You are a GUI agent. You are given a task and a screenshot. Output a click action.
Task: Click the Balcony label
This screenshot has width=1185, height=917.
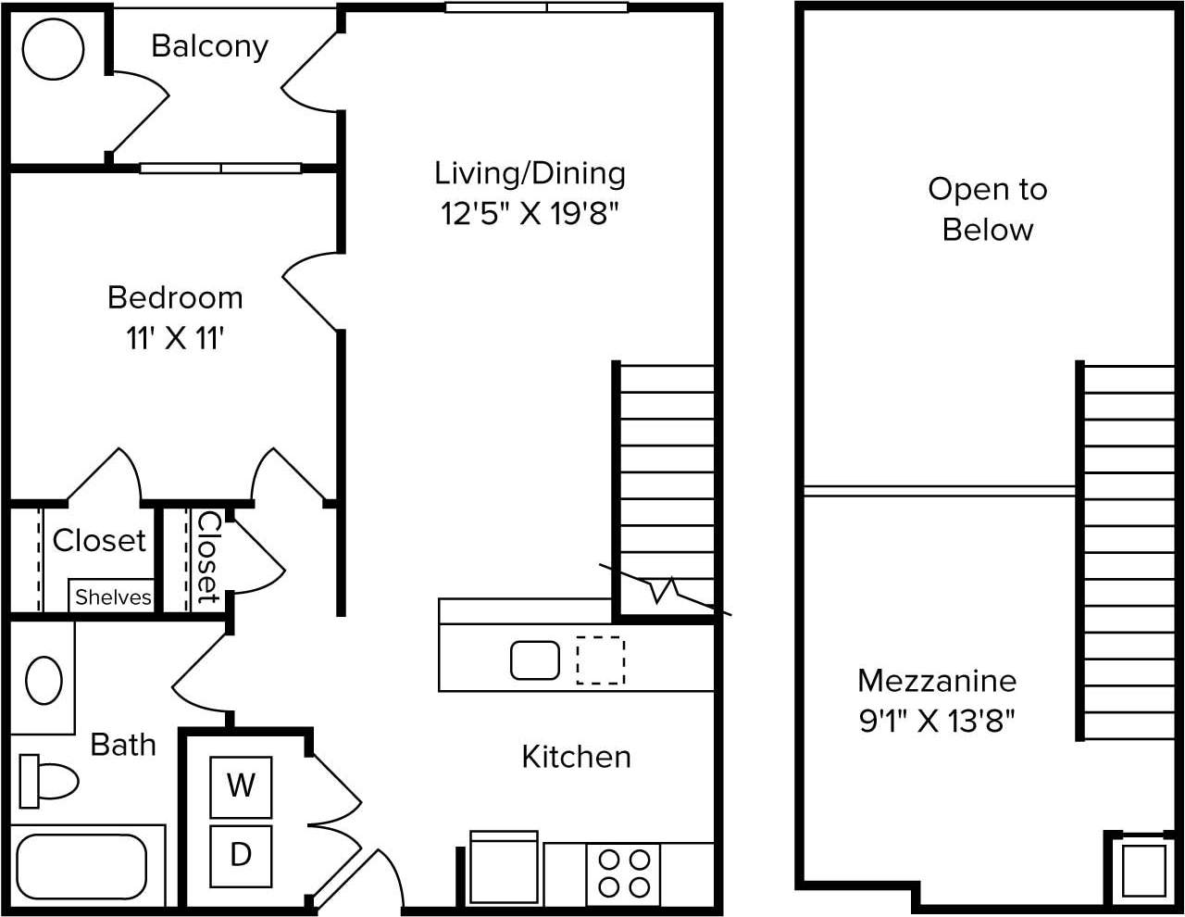point(209,45)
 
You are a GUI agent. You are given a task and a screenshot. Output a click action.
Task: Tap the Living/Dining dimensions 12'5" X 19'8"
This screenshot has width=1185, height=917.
point(530,214)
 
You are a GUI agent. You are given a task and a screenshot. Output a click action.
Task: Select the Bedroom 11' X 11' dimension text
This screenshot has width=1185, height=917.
point(176,338)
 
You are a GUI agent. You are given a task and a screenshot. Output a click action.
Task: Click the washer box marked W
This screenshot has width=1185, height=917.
point(241,786)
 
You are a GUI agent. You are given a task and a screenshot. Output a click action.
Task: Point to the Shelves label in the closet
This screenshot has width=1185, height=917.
point(113,597)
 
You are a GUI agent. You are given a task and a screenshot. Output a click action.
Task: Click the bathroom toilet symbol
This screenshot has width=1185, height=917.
point(48,781)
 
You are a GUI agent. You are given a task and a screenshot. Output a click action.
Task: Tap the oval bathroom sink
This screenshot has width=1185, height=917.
point(44,681)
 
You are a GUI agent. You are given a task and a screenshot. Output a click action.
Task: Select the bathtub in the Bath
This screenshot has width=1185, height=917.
point(81,866)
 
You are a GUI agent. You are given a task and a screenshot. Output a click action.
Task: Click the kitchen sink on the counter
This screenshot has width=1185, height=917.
point(535,660)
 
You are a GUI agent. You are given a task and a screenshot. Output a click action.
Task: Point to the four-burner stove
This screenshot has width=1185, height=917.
point(623,873)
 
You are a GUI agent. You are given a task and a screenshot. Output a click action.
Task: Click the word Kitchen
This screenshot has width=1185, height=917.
point(576,757)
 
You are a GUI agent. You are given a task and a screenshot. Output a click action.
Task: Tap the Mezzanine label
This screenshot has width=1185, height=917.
point(937,681)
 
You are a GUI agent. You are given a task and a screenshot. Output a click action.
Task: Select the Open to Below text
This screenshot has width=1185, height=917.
point(987,209)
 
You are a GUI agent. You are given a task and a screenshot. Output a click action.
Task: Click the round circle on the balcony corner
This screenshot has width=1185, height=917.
point(53,49)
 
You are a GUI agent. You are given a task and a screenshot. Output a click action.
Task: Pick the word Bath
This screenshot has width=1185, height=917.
point(123,745)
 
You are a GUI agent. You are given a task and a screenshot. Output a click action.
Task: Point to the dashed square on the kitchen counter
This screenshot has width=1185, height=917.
point(600,660)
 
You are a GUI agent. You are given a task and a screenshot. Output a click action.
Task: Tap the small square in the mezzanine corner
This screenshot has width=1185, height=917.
point(1144,869)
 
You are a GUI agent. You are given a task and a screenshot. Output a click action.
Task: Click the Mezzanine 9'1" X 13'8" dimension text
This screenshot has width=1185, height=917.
point(937,721)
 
